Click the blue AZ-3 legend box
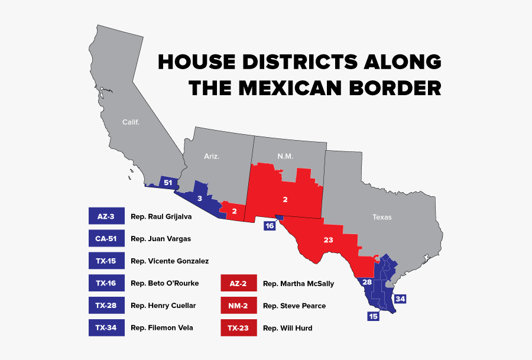click(106, 217)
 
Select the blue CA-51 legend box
click(106, 239)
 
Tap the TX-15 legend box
click(106, 261)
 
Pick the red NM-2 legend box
click(239, 306)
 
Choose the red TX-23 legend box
click(239, 328)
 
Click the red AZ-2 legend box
click(239, 284)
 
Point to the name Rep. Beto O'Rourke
click(164, 283)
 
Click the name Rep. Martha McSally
click(298, 284)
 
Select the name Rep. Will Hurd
click(287, 328)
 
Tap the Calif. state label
click(131, 122)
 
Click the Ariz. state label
click(212, 157)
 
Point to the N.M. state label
click(285, 157)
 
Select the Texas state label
click(382, 217)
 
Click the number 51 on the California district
click(168, 183)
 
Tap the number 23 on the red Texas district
click(329, 241)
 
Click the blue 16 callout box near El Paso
click(270, 226)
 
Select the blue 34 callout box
click(400, 299)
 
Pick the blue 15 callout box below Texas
click(373, 316)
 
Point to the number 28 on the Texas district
click(366, 283)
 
